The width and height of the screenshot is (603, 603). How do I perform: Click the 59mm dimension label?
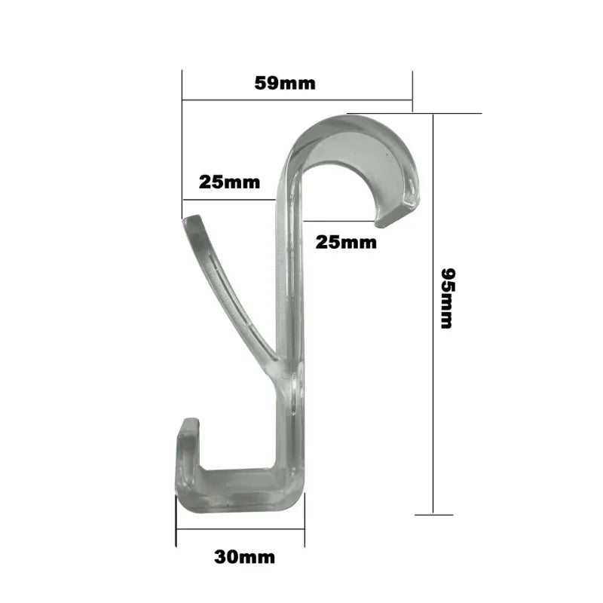[285, 83]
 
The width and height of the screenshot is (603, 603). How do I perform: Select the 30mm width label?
[244, 558]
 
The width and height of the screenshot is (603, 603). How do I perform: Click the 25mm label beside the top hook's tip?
[346, 242]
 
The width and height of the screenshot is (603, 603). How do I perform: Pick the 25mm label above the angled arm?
[229, 182]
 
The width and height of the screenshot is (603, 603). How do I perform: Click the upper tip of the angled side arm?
[192, 221]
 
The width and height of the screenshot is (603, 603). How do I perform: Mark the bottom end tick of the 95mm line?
[433, 515]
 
